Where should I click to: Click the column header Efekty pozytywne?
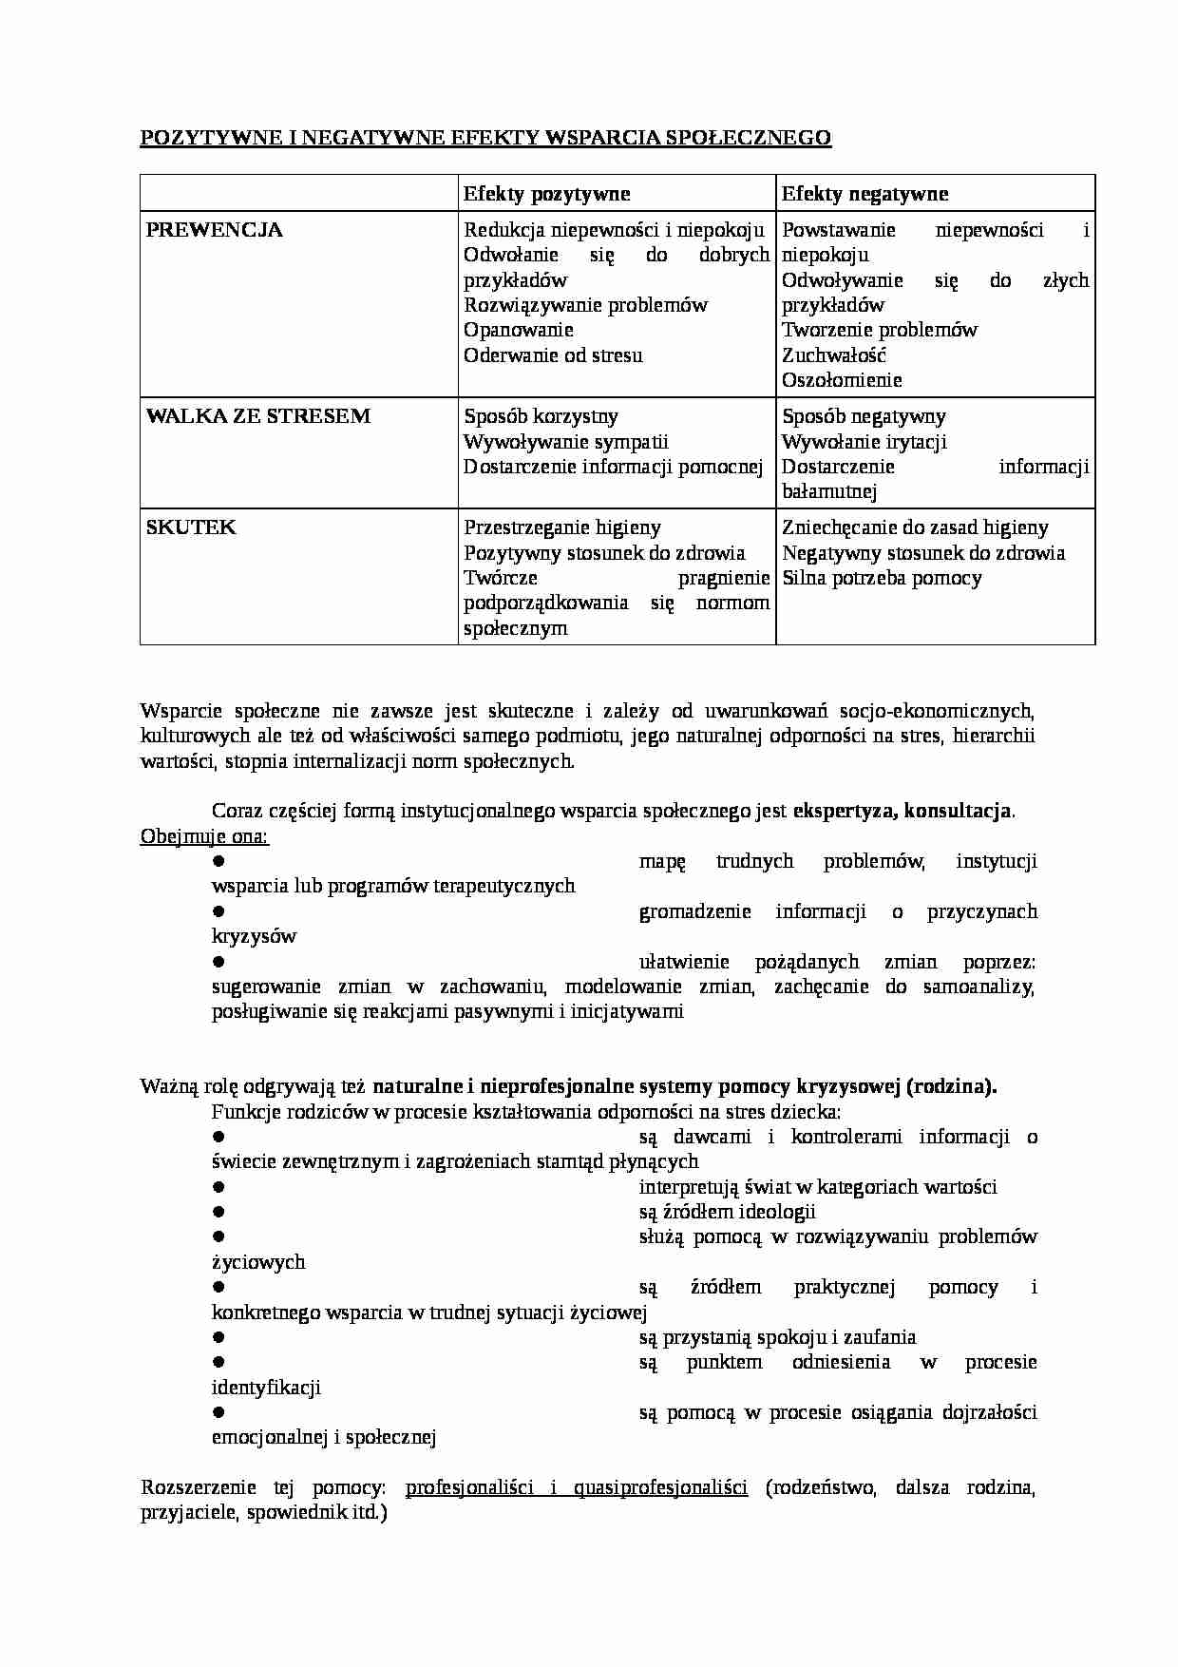(546, 194)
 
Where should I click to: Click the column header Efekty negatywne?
(864, 194)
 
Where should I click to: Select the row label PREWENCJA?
(214, 230)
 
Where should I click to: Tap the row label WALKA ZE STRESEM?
(257, 416)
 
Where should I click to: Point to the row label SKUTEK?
(190, 527)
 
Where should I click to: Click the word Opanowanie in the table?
(518, 330)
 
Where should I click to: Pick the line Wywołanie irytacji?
(864, 442)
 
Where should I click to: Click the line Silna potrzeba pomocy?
(882, 578)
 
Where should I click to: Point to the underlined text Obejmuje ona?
(204, 836)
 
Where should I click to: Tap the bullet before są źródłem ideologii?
(218, 1211)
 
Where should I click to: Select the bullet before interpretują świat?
(218, 1186)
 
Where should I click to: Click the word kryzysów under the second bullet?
(254, 936)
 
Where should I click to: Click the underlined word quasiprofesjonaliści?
(660, 1487)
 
